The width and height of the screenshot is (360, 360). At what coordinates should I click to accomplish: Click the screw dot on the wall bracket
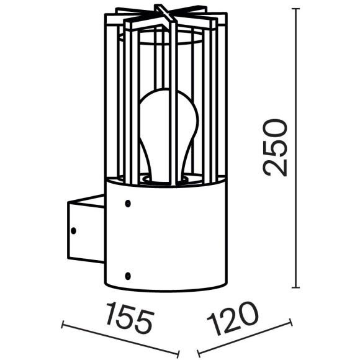coord(73,230)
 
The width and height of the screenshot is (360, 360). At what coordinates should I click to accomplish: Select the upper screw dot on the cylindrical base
coord(127,203)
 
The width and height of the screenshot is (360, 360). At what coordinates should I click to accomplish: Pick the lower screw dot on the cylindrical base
coord(127,275)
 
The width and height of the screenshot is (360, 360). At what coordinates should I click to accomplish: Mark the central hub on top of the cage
coord(163,14)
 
